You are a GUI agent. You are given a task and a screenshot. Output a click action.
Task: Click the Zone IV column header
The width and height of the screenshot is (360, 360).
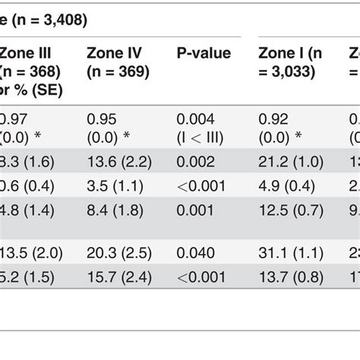(118, 62)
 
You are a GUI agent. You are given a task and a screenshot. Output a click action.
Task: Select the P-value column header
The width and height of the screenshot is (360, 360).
(204, 53)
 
